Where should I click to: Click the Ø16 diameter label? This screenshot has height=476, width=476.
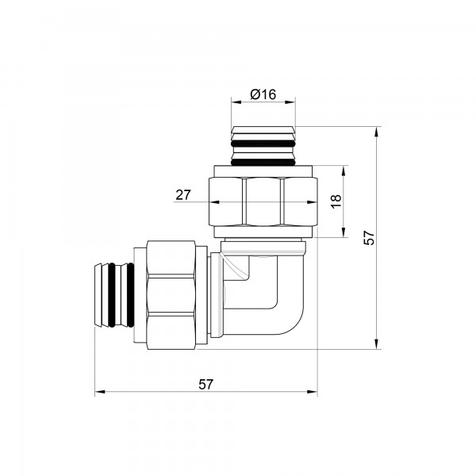click(x=263, y=94)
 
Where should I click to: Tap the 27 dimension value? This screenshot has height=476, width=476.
click(x=183, y=195)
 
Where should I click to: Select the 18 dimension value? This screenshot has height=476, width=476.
click(x=336, y=202)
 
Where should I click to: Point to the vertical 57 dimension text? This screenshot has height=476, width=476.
click(x=370, y=238)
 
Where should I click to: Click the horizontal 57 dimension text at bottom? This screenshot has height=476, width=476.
click(x=206, y=384)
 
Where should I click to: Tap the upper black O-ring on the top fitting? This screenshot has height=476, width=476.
click(x=263, y=144)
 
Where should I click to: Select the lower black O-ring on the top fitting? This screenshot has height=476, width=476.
click(x=263, y=163)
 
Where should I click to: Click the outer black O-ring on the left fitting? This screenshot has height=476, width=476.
click(x=112, y=295)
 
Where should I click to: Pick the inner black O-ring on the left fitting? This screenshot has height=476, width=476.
click(x=131, y=295)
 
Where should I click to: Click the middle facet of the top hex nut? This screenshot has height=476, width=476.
click(x=263, y=202)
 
